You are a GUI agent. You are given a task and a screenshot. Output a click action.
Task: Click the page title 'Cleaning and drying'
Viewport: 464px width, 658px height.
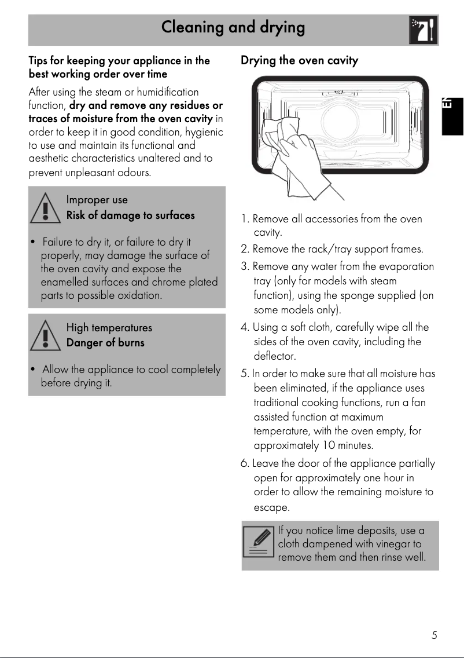click(x=233, y=27)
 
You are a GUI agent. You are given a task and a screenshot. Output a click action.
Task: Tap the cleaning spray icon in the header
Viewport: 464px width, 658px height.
click(x=423, y=30)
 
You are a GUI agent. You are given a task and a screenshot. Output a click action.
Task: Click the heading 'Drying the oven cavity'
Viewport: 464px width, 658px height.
click(x=299, y=60)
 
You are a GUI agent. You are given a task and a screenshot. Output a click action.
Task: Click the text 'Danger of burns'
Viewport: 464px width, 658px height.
click(x=105, y=343)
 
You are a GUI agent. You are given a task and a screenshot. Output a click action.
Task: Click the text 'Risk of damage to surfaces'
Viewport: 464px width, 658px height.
click(x=130, y=215)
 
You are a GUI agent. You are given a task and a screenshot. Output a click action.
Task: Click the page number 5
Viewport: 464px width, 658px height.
click(x=434, y=635)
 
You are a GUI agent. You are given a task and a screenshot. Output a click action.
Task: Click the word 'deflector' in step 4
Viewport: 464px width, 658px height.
click(x=275, y=356)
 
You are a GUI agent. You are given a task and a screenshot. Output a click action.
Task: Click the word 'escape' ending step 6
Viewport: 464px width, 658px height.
click(x=271, y=508)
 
